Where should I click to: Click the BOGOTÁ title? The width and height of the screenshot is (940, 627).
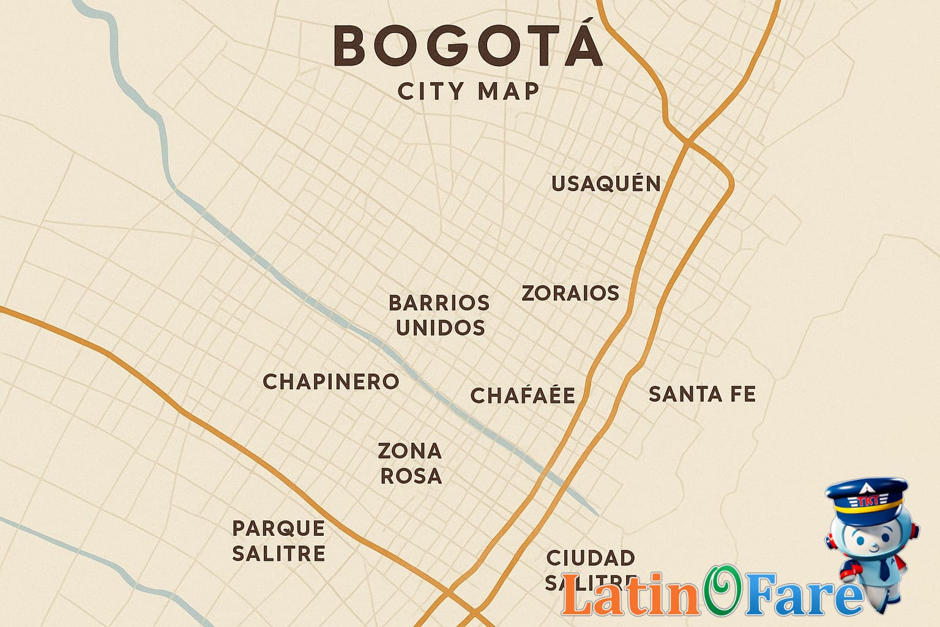468,47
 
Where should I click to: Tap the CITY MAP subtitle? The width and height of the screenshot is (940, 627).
469,92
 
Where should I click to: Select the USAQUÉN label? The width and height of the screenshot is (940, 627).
606,183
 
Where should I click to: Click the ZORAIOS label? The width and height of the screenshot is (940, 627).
570,293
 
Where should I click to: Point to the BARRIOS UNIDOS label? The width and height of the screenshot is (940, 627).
439,315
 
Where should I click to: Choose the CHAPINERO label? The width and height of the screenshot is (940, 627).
330,381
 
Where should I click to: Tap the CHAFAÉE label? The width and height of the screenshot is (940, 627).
523,396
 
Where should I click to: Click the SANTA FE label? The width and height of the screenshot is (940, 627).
702,394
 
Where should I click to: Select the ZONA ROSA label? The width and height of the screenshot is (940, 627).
410,463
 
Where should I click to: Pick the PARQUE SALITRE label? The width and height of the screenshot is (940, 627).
278,540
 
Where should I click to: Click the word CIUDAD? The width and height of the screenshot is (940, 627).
591,558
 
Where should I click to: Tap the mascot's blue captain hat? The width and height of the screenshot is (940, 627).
867,497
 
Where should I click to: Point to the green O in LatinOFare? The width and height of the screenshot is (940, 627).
722,591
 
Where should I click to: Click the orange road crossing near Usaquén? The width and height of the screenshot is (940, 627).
688,143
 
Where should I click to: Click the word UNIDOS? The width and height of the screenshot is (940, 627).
441,328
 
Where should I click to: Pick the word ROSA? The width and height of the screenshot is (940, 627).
411,476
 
